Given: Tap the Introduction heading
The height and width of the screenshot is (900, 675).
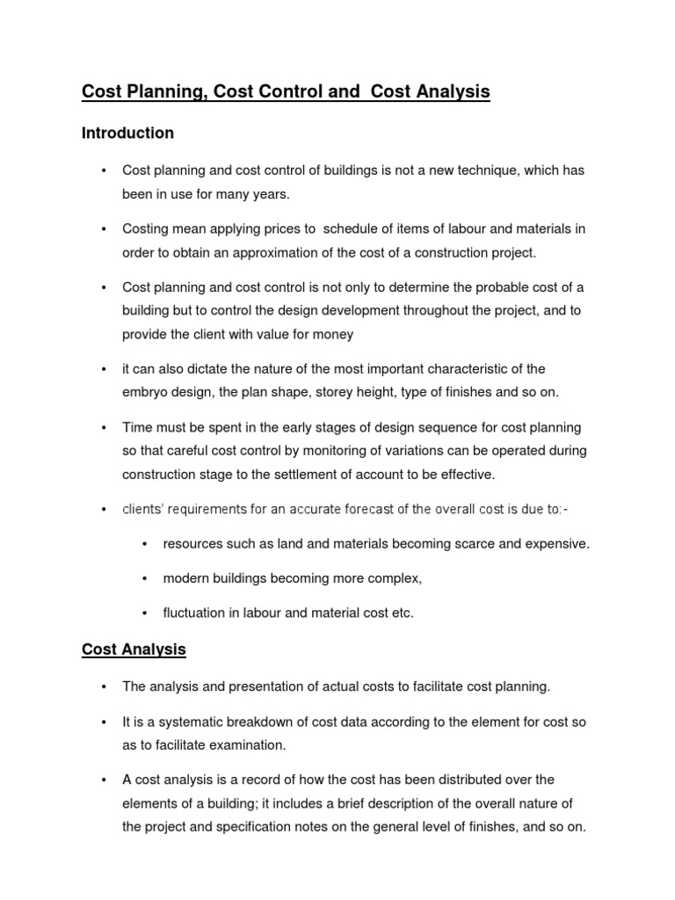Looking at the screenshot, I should pos(127,134).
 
